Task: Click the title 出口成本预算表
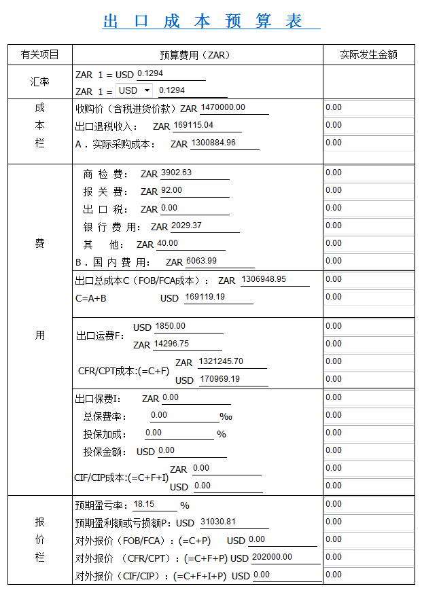pos(211,21)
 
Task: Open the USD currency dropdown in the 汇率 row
pos(135,90)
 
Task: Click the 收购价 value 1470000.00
pos(223,107)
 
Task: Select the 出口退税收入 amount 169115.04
pos(193,125)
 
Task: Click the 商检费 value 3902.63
pos(176,173)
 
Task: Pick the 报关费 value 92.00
pos(172,190)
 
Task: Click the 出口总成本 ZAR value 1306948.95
pos(263,279)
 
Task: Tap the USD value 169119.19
pos(205,297)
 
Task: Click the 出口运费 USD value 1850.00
pos(170,326)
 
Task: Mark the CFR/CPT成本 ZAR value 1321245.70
pos(221,361)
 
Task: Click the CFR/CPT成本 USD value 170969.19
pos(219,379)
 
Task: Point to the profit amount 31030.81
pos(218,522)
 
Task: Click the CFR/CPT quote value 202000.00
pos(272,557)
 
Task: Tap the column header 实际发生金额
pos(368,55)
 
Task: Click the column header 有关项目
pos(40,55)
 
